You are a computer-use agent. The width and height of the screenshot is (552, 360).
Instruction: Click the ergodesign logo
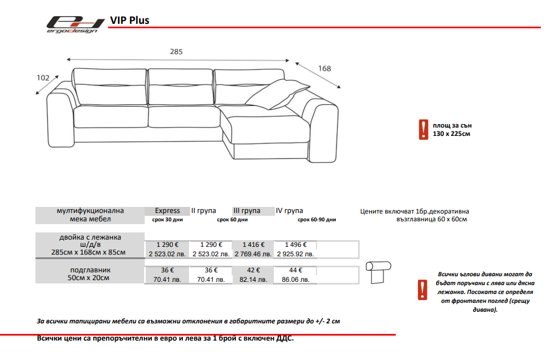tap(75, 24)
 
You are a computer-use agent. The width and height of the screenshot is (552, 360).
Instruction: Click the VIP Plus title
tap(130, 21)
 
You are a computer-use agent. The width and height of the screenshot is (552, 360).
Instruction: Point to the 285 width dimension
tap(176, 52)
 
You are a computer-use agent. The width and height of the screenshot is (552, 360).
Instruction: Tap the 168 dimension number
tap(325, 69)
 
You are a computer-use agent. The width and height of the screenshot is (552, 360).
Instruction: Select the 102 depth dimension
tap(43, 78)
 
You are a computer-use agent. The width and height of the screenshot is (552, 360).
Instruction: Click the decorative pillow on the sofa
tap(278, 94)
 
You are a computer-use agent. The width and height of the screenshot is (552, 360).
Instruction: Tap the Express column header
tap(167, 211)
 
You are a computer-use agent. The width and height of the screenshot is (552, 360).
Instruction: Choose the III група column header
tap(247, 211)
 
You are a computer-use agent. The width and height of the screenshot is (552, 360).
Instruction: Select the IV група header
tap(289, 211)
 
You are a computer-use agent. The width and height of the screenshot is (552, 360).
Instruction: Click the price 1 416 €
tap(253, 245)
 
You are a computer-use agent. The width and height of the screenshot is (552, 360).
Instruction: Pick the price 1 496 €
tap(296, 245)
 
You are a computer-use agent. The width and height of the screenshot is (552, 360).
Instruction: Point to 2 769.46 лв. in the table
tap(253, 254)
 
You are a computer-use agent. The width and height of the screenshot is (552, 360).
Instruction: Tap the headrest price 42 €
tap(253, 270)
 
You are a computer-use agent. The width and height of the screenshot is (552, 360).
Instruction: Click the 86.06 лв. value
tap(296, 280)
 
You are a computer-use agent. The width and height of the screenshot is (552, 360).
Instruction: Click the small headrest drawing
tap(378, 272)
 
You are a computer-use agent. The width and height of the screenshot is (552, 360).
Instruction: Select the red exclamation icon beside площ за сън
tap(423, 129)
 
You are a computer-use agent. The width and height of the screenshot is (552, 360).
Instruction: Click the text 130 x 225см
tap(451, 134)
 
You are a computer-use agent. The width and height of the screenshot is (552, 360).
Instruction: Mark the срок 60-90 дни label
tap(317, 220)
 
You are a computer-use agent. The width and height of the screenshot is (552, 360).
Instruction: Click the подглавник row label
tap(90, 270)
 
